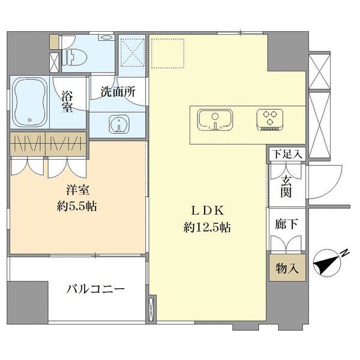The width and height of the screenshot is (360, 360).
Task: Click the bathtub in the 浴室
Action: click(x=29, y=103)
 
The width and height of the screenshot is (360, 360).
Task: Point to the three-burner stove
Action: click(x=270, y=119)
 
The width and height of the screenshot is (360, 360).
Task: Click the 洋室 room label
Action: click(x=77, y=191)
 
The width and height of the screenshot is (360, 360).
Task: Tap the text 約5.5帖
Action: click(x=77, y=206)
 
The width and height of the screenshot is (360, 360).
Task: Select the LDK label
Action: click(x=208, y=211)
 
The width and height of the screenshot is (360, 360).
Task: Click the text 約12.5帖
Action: click(x=208, y=228)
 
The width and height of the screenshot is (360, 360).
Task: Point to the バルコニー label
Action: click(x=95, y=289)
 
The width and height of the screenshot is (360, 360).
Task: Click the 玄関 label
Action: click(x=286, y=187)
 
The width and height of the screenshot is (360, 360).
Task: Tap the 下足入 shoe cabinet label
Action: click(x=287, y=154)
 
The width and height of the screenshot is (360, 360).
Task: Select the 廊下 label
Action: click(x=287, y=224)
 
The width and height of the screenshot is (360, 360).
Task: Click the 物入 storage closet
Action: click(x=287, y=268)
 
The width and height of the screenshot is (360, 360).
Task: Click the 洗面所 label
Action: click(x=118, y=92)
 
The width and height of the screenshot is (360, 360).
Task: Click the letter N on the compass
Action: click(x=344, y=253)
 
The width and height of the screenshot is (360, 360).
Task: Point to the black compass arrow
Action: click(x=327, y=264)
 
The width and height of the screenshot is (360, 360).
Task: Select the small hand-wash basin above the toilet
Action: click(x=106, y=37)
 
